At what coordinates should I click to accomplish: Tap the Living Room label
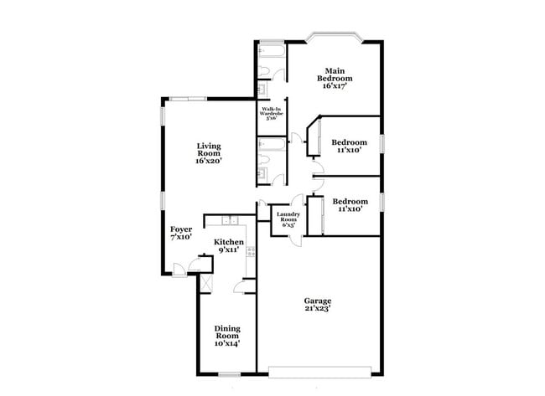208,150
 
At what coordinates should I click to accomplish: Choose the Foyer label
181,229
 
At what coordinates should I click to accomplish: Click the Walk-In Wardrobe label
271,111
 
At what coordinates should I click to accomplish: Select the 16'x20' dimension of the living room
208,161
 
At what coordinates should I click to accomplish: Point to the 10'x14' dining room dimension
226,343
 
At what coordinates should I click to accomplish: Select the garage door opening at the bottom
319,368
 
